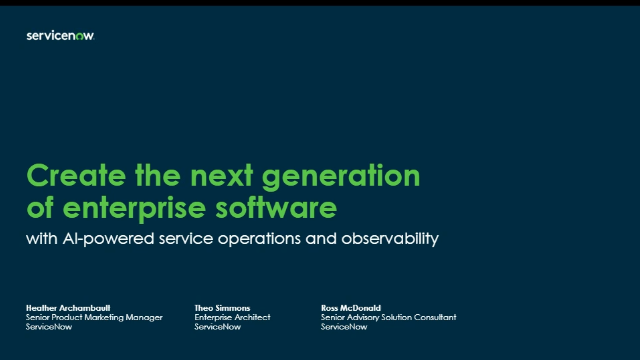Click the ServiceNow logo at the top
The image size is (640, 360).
pyautogui.click(x=60, y=36)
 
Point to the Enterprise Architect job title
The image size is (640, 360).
pyautogui.click(x=233, y=316)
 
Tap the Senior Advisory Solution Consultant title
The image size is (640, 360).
pyautogui.click(x=388, y=316)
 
